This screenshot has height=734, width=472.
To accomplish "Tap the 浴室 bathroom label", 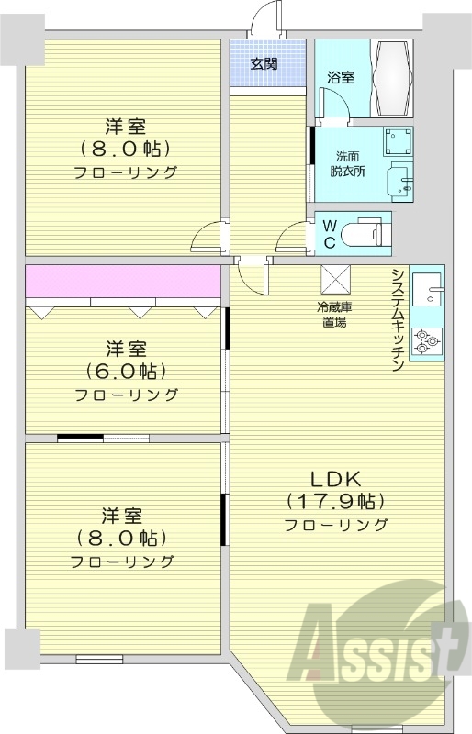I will click(x=341, y=77).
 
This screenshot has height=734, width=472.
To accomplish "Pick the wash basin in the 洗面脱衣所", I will click(x=401, y=180).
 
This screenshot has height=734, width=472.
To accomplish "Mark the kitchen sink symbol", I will click(x=427, y=295).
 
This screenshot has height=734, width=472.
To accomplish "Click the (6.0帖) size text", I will click(x=126, y=372).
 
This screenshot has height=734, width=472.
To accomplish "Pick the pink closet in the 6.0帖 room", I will click(x=123, y=282).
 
